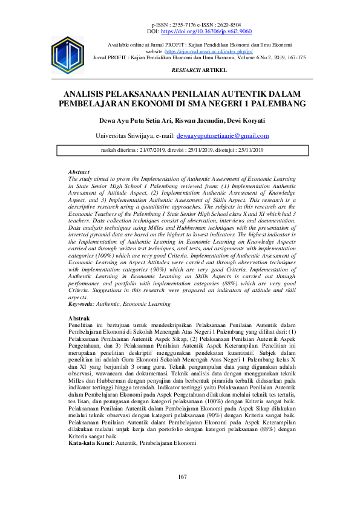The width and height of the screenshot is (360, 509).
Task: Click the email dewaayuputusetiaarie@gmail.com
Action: tap(227, 136)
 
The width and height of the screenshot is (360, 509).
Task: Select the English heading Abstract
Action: tap(79, 172)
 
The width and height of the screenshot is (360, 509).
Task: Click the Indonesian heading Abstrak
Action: tap(79, 318)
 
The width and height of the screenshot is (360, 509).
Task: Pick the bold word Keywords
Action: tap(82, 304)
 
